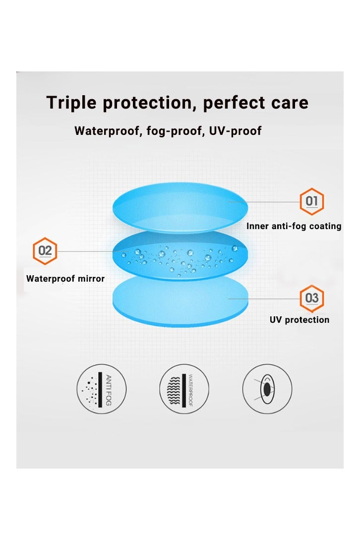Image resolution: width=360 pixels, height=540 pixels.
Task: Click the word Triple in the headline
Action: [x=71, y=103]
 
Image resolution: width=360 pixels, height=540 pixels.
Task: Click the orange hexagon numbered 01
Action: [x=312, y=201]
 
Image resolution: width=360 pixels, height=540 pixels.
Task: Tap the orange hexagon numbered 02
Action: [x=45, y=251]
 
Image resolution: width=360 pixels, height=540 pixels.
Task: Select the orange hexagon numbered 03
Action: [x=312, y=298]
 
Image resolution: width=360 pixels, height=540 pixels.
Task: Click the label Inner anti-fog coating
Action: [x=294, y=226]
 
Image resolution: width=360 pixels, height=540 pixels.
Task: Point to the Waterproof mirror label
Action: [x=65, y=279]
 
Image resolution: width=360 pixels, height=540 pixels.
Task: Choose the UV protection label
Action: [x=300, y=320]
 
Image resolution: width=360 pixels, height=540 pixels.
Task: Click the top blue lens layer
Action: [x=180, y=208]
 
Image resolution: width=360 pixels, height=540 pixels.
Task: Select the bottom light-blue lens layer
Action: [x=180, y=301]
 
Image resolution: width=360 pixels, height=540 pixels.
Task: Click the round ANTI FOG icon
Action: [x=102, y=389]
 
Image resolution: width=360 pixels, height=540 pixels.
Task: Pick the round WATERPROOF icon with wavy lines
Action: [x=184, y=389]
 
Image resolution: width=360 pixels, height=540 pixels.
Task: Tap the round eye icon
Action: [x=267, y=389]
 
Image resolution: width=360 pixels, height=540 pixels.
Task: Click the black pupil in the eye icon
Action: [x=267, y=389]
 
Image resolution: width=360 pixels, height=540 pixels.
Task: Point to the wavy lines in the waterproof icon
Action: [x=173, y=390]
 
